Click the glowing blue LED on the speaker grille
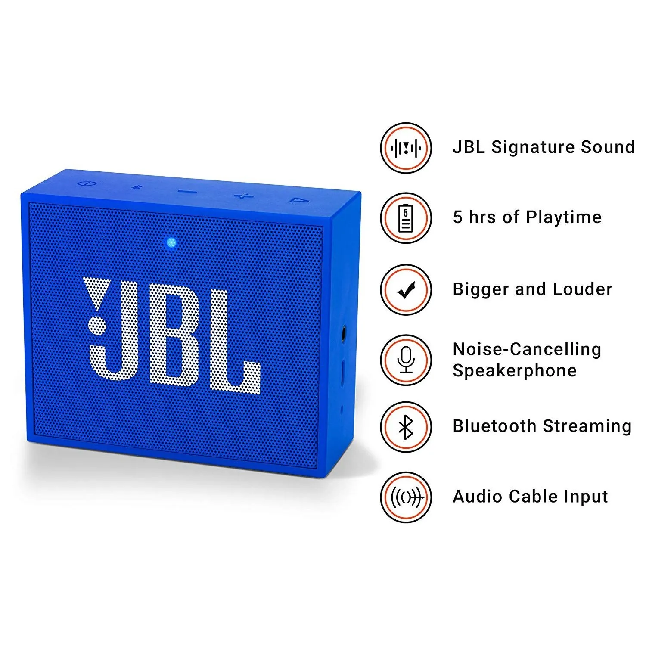(x=171, y=243)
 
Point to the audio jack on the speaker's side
(x=344, y=334)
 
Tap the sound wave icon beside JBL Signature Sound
(x=406, y=148)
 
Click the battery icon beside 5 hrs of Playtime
(x=406, y=218)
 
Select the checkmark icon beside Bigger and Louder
(x=406, y=290)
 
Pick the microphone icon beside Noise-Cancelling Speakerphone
(x=406, y=360)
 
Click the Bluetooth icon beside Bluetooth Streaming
(x=406, y=427)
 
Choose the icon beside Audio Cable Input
(x=406, y=497)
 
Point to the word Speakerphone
(x=514, y=371)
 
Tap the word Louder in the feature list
(x=582, y=289)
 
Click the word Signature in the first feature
(x=533, y=147)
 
